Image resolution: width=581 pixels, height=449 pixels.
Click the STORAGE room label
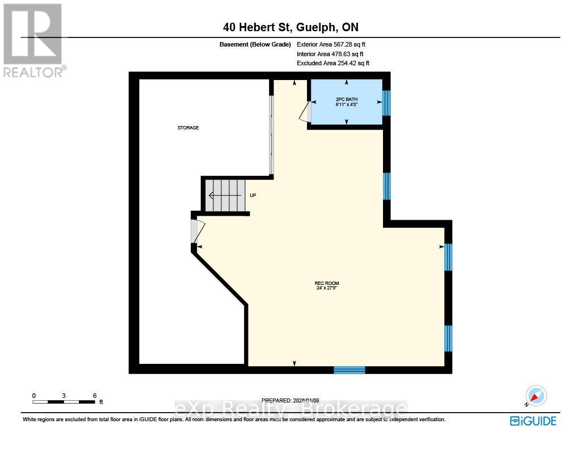tap(188, 128)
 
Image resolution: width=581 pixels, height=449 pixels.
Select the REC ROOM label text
tap(327, 286)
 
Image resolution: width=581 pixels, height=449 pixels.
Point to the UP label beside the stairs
tap(253, 195)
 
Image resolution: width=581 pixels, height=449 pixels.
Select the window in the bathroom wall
tap(386, 103)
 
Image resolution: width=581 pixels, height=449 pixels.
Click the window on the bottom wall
tap(349, 370)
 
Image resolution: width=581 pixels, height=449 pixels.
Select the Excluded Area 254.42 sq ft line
tap(333, 64)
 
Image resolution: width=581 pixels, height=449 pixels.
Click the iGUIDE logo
tap(533, 421)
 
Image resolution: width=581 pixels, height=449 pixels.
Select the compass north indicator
tap(535, 396)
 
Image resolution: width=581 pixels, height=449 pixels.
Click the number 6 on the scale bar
tap(95, 395)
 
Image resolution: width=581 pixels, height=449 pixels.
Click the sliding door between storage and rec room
tap(271, 135)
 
